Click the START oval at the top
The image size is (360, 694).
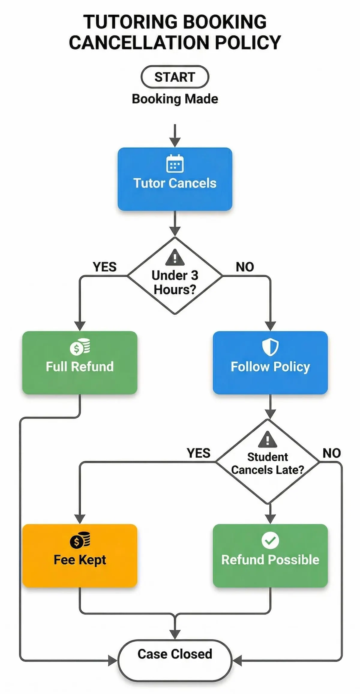pos(175,77)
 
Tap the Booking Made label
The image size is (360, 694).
pos(175,99)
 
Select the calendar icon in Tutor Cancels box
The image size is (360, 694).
pos(175,164)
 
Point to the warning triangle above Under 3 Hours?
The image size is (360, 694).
pos(175,258)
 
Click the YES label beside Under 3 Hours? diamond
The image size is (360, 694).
pos(104,267)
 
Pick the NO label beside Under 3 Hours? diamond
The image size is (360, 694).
pos(245,267)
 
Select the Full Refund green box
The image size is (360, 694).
pos(80,363)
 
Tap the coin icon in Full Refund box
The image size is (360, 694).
pos(80,347)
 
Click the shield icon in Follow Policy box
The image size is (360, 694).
pos(270,347)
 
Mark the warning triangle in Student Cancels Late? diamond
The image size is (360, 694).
pos(267,440)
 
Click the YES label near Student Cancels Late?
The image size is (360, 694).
pos(199,453)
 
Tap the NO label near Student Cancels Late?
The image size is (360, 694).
pos(331,453)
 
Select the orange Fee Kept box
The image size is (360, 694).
pos(80,556)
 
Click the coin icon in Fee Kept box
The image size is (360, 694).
pos(80,540)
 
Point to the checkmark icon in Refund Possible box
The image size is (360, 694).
pos(270,540)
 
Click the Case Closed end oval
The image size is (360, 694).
pos(175,660)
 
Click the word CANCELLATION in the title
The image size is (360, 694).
pos(139,43)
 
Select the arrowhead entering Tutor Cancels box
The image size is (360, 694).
pos(175,142)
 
